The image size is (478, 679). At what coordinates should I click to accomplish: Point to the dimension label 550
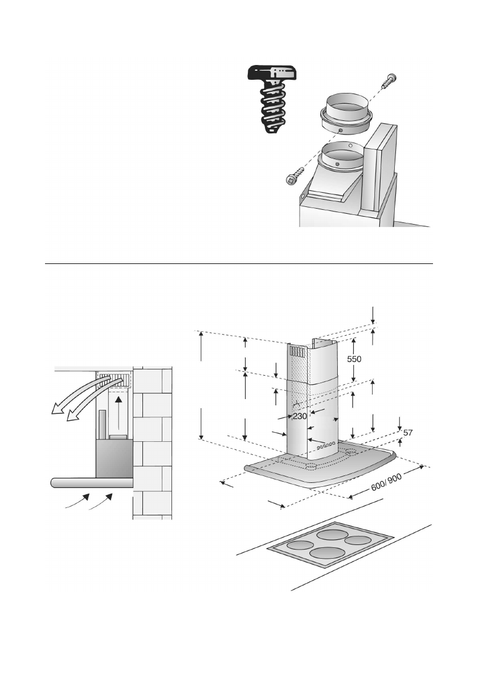(x=354, y=360)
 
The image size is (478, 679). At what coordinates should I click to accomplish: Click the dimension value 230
(x=300, y=416)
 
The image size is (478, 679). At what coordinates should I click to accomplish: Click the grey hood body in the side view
(x=114, y=458)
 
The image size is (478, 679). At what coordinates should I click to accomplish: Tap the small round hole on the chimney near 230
(x=297, y=405)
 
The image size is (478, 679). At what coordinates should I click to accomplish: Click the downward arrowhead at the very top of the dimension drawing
(x=373, y=319)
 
